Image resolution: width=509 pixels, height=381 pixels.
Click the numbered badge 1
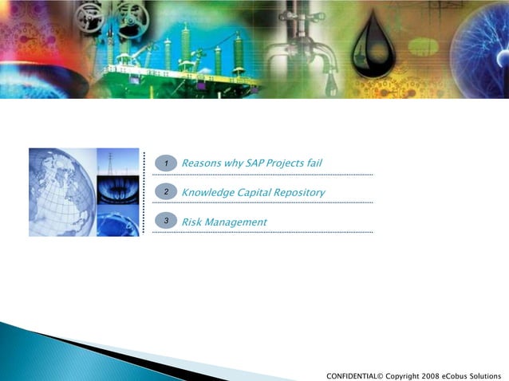[x=166, y=163]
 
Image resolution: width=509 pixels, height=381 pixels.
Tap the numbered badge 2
[x=166, y=192]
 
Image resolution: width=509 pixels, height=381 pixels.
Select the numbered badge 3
[x=166, y=221]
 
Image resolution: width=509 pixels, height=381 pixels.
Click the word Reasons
[x=201, y=163]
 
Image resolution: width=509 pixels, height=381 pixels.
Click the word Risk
[x=191, y=221]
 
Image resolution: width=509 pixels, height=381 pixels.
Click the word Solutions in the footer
[x=489, y=375]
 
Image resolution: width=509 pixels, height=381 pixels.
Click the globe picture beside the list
[x=62, y=191]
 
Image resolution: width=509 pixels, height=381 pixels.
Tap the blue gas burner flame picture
[x=117, y=192]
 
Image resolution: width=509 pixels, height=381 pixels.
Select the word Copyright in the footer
[x=403, y=375]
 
